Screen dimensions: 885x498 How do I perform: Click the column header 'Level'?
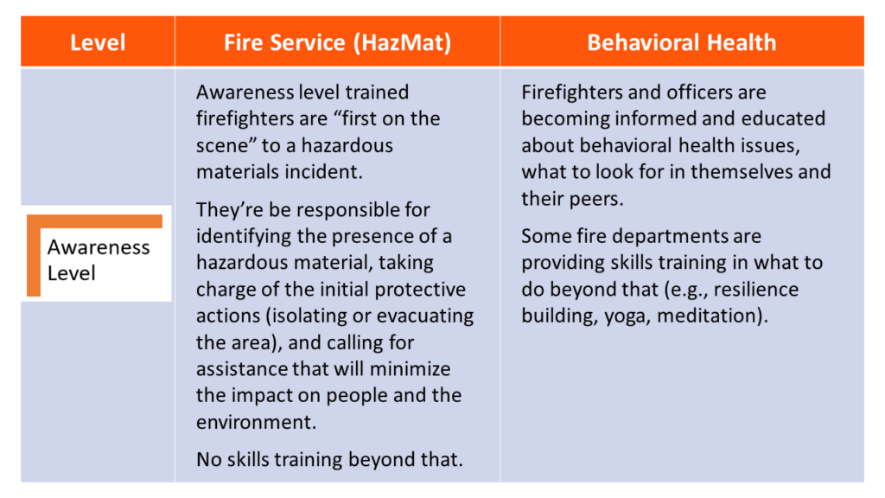pyautogui.click(x=98, y=42)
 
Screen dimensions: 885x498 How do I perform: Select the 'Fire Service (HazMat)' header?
pyautogui.click(x=338, y=42)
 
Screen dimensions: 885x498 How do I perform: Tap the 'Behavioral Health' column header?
pyautogui.click(x=682, y=42)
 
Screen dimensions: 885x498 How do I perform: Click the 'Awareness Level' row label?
pyautogui.click(x=99, y=260)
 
